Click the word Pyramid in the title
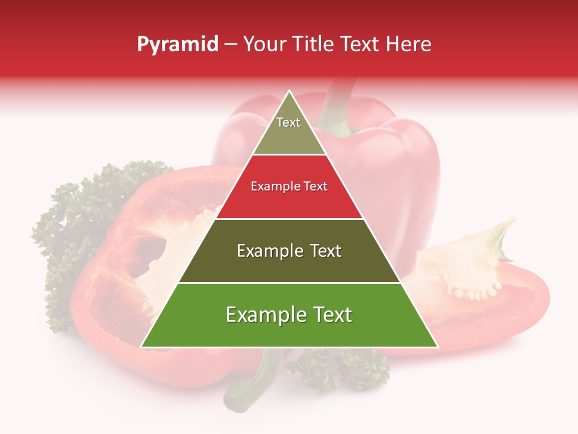tap(177, 45)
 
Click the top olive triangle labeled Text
tap(289, 130)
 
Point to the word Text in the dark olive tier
tap(322, 251)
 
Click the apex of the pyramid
tap(289, 92)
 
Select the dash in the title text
tap(231, 45)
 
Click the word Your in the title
tap(265, 45)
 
